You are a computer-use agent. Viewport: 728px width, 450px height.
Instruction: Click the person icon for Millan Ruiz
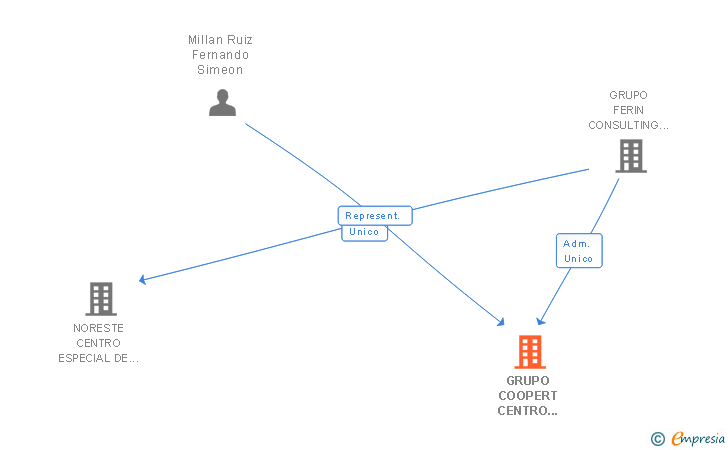point(222,103)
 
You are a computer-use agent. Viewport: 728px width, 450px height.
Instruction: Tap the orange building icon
point(530,352)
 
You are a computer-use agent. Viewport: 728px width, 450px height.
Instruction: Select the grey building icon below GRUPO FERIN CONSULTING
point(631,156)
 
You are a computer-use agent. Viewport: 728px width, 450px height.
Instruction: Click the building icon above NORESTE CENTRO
point(101,299)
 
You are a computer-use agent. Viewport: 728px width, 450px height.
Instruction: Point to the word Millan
point(204,40)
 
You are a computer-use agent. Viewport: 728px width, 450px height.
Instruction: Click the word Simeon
point(220,70)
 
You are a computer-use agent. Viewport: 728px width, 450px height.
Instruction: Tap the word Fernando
point(221,55)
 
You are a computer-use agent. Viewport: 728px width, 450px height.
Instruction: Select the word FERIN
point(629,110)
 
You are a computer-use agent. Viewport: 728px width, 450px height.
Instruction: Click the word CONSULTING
point(623,125)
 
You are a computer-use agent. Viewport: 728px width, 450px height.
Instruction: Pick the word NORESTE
point(98,328)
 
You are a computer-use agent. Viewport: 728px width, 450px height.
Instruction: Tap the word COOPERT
point(528,396)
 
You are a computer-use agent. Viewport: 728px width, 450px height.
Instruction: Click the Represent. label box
point(375,216)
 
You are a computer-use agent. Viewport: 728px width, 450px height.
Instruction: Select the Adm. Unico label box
point(579,251)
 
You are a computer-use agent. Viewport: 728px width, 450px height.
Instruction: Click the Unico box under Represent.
point(364,233)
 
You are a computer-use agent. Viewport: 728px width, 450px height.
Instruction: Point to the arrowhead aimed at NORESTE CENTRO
point(143,279)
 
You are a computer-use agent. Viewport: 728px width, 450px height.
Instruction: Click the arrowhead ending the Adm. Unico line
point(540,321)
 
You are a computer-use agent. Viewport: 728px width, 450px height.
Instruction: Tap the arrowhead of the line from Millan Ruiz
point(500,322)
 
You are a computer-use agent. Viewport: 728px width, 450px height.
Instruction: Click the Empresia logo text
point(698,438)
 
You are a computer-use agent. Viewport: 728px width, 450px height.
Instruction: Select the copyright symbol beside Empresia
point(657,439)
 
